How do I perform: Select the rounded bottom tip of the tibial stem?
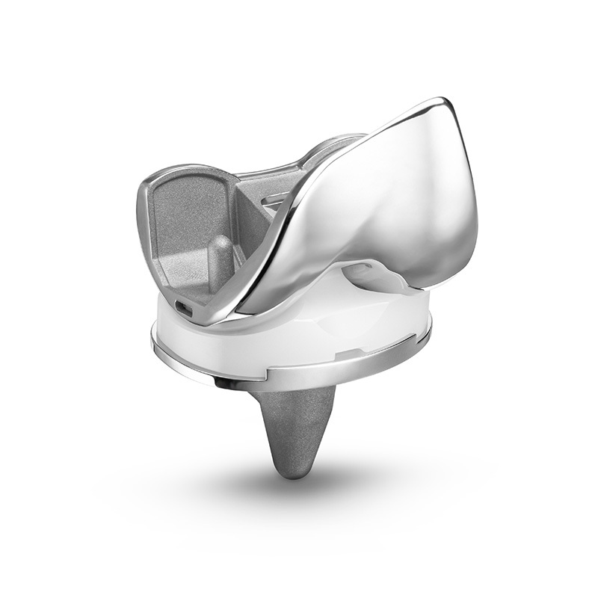click(x=295, y=469)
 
